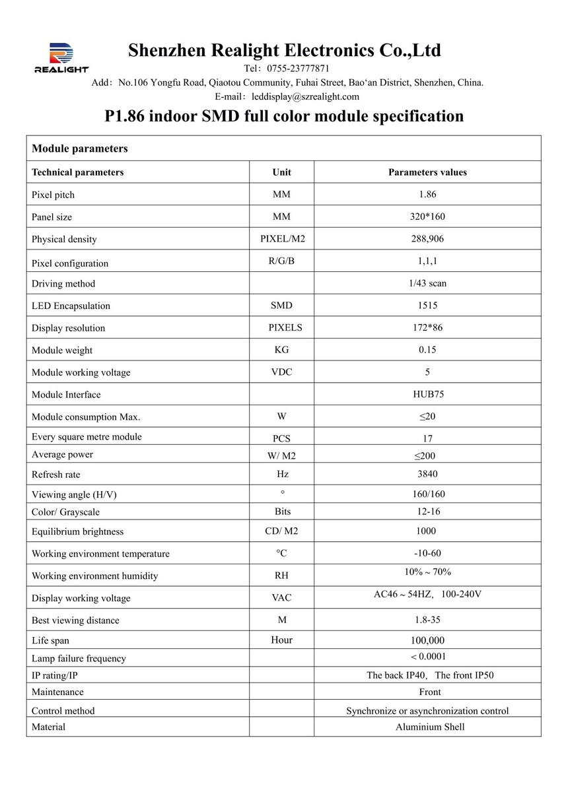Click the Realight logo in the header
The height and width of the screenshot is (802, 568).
pos(61,57)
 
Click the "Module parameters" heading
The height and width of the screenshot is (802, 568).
pos(79,149)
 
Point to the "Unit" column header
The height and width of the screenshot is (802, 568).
pos(281,172)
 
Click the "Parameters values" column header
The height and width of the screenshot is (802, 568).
pos(427,172)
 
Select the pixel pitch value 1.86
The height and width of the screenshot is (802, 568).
pos(427,195)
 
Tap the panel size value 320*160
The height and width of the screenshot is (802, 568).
pos(427,217)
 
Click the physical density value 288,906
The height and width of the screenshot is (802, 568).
pos(427,239)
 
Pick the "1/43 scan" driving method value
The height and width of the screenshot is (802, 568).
pos(427,283)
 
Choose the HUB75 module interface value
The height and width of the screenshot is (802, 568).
pos(427,394)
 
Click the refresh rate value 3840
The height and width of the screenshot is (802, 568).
pos(427,474)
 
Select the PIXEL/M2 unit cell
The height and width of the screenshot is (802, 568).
pos(281,239)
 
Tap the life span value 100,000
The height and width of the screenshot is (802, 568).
pos(427,640)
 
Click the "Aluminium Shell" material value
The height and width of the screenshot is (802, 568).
pos(430,727)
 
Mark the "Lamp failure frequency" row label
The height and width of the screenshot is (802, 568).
pos(78,658)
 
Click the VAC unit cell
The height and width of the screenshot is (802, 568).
pos(281,598)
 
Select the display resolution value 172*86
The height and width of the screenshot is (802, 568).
pos(427,327)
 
